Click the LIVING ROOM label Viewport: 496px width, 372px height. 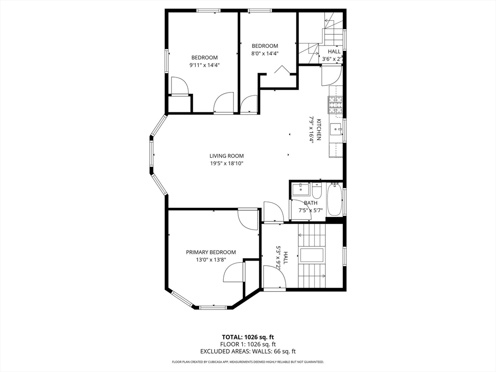click(226, 156)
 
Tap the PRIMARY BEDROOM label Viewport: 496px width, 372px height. click(211, 252)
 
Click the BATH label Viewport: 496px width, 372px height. click(310, 203)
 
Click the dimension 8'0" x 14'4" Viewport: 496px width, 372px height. click(264, 54)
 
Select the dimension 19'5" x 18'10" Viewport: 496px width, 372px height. click(226, 164)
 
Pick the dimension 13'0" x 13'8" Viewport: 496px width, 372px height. click(211, 260)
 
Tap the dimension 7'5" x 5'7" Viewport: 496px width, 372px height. click(310, 211)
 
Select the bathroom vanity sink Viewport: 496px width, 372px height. click(301, 189)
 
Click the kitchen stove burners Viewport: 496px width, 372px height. click(335, 106)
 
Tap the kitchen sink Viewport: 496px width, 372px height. click(336, 129)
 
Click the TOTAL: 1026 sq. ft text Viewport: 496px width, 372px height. click(248, 337)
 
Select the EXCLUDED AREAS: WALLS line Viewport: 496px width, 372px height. click(248, 352)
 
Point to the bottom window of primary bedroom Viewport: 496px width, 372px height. click(213, 307)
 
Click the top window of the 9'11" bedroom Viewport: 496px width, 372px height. click(209, 10)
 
